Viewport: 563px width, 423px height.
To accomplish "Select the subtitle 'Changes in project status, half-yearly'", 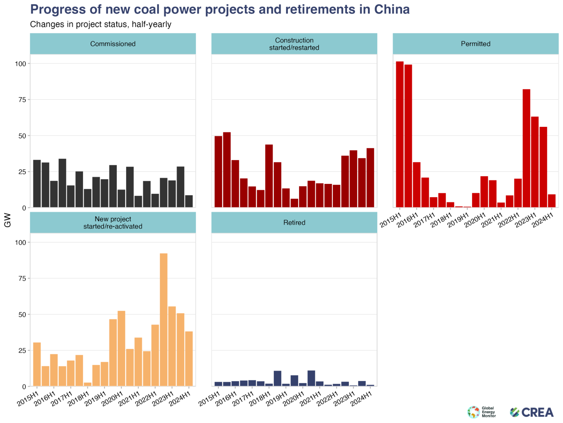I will point(101,24).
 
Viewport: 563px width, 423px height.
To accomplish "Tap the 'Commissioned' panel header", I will point(113,44).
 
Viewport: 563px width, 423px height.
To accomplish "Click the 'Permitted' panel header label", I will point(475,44).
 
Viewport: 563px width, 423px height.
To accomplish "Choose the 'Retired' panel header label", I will point(294,222).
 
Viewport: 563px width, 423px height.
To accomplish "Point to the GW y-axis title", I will point(8,220).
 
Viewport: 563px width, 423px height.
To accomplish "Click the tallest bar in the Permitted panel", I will point(400,134).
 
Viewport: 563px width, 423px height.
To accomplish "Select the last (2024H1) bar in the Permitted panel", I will point(551,201).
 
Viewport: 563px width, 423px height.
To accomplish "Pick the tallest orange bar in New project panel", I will point(163,320).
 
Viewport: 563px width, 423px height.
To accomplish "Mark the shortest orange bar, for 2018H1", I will point(88,384).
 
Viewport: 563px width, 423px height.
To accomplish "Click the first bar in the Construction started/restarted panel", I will point(218,171).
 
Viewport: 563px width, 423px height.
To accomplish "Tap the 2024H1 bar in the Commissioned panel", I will point(189,201).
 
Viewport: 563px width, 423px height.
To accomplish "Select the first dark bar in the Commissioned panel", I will point(37,184).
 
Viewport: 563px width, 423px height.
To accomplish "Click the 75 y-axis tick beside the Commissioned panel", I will point(23,100).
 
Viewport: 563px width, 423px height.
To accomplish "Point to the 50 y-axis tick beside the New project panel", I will point(23,315).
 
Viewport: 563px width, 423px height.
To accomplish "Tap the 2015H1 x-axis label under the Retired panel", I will point(209,399).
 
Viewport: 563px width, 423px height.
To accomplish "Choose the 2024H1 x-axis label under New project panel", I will point(179,399).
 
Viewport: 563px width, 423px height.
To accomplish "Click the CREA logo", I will point(531,412).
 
